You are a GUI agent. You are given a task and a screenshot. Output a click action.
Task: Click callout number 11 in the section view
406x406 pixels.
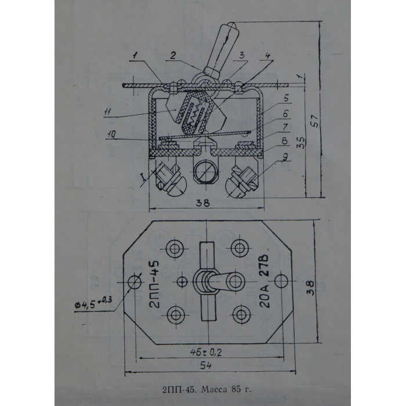coord(108,113)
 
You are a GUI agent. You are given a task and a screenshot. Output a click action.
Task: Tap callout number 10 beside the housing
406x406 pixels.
coord(111,134)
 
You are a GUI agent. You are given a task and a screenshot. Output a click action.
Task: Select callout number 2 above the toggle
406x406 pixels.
coord(173,55)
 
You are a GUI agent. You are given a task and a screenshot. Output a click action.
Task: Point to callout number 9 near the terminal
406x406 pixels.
coord(285,157)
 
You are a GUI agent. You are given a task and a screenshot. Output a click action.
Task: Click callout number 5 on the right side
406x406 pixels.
coord(286,98)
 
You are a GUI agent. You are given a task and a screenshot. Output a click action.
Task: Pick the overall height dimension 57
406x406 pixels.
coord(315,120)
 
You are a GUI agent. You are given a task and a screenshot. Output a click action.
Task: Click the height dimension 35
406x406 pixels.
coord(301,142)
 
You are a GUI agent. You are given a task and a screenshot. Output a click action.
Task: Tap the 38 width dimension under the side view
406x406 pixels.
coord(203,203)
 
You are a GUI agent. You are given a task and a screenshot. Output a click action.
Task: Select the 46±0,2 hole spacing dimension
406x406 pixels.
coord(206,352)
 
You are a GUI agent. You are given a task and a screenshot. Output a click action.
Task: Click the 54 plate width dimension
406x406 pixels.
coord(206,365)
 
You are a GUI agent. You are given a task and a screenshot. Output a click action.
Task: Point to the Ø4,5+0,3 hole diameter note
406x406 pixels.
coord(93,302)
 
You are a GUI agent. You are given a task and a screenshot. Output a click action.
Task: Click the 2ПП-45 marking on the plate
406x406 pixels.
coord(155,284)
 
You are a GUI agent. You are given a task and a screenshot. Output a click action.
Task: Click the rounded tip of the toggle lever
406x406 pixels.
coord(231,26)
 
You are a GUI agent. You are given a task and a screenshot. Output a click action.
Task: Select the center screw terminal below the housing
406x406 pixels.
coord(205,172)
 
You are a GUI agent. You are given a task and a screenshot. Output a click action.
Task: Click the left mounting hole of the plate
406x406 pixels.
coord(135,281)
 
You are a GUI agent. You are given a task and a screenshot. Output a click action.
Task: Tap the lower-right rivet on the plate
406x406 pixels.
coord(241,314)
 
